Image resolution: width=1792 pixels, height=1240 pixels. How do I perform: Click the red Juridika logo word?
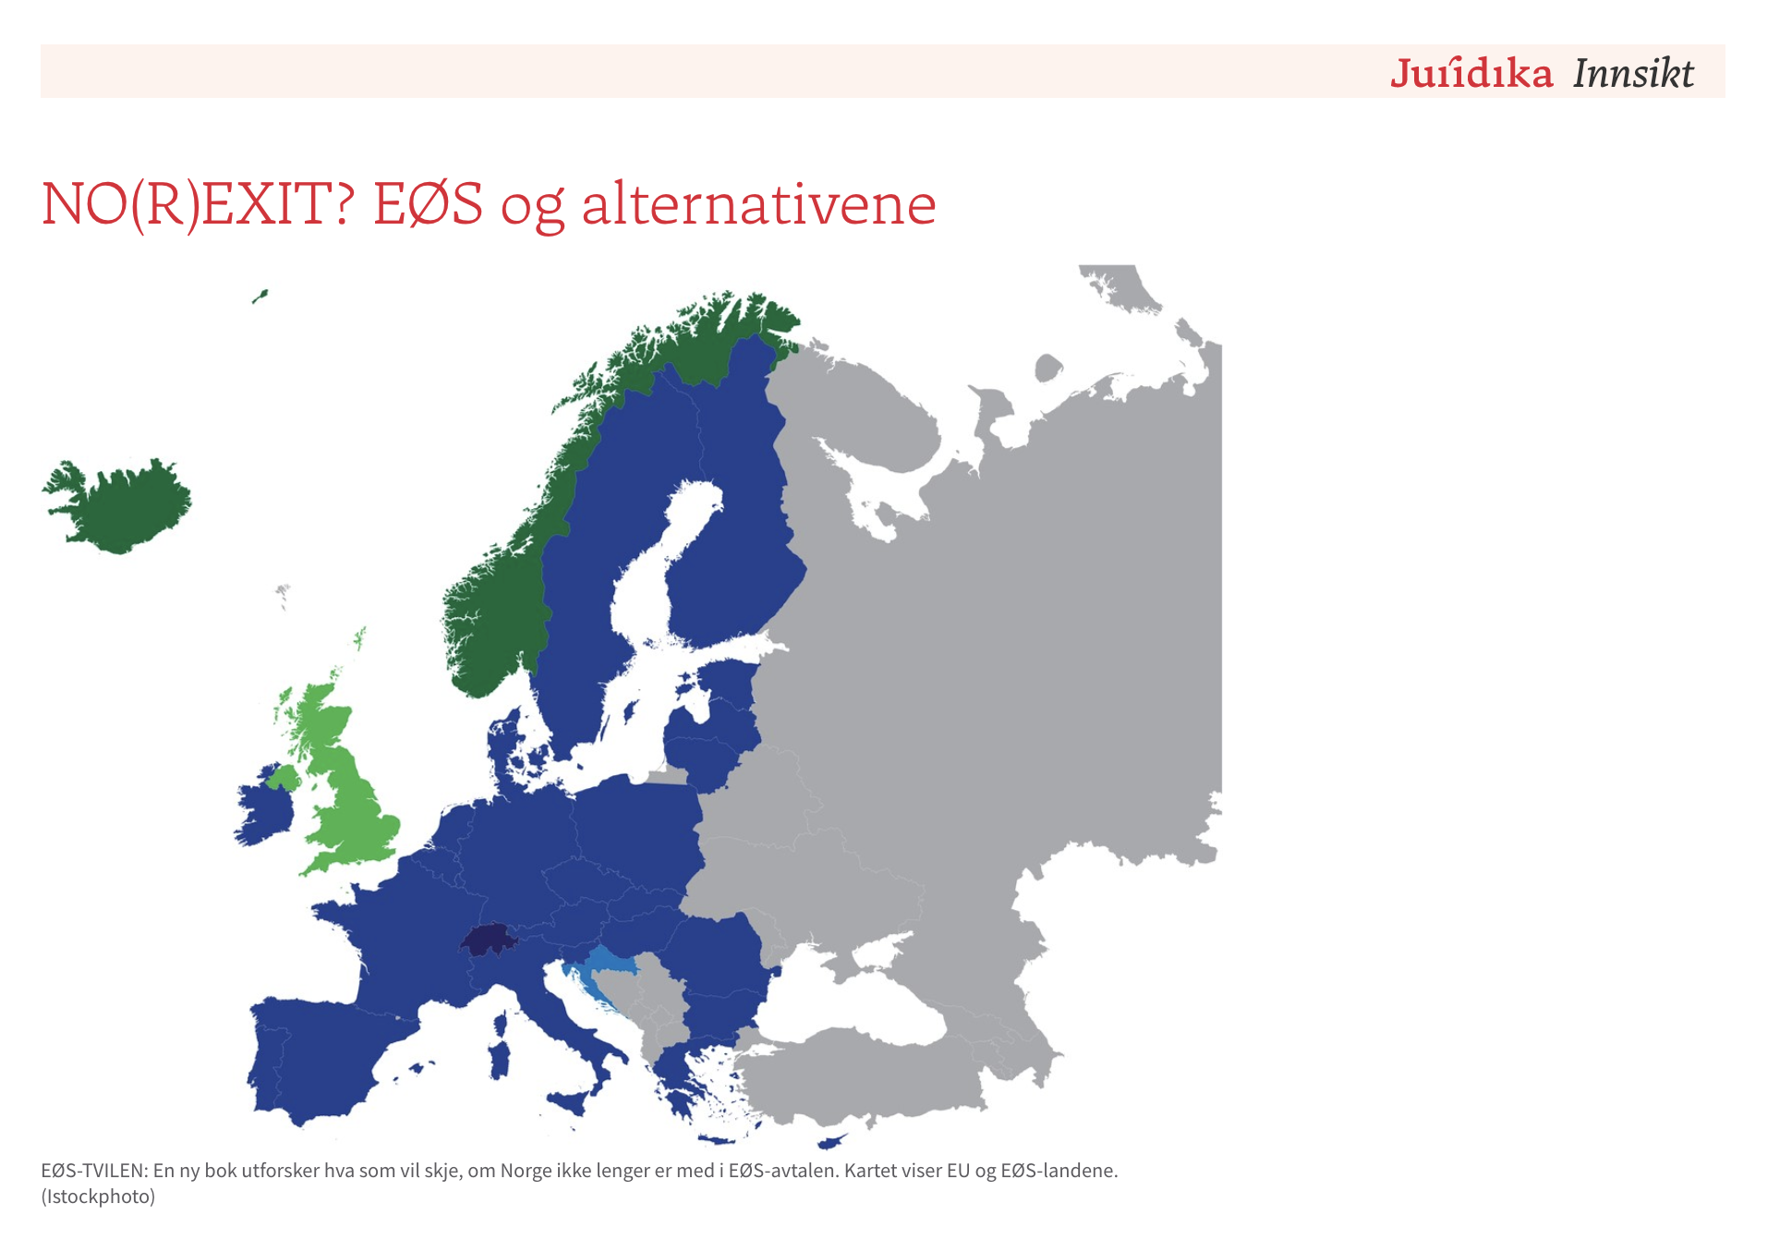(1471, 73)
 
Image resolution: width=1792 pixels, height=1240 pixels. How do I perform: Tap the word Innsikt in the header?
(1633, 73)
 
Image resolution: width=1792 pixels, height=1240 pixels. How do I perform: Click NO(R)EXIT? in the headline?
(199, 204)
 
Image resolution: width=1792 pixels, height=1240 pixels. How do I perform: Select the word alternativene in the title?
(758, 204)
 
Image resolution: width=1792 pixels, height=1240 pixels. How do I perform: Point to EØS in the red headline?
(428, 204)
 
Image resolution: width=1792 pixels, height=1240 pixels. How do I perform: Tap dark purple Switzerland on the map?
(489, 941)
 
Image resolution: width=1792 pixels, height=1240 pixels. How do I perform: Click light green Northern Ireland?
(284, 777)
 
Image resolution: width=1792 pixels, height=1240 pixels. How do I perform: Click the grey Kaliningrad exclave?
(667, 776)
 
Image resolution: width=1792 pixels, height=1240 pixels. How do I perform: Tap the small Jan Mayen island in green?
(260, 297)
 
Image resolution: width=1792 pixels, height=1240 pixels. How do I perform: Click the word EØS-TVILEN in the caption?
(94, 1171)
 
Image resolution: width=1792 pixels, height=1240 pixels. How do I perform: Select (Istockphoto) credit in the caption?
(98, 1197)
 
